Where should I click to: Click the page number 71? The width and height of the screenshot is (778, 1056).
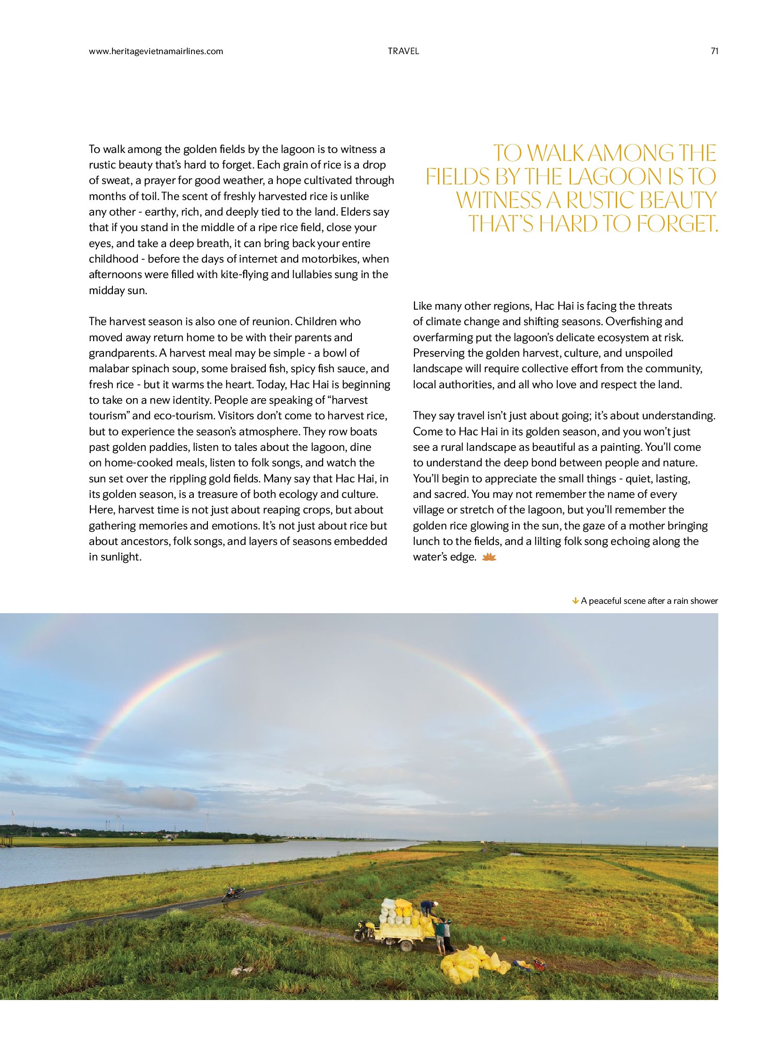714,51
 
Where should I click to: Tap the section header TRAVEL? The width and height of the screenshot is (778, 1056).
403,51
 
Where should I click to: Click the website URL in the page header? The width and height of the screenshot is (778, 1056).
156,51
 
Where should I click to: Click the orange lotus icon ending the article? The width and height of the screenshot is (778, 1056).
490,557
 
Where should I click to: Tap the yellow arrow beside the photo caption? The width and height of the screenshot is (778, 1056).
575,601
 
